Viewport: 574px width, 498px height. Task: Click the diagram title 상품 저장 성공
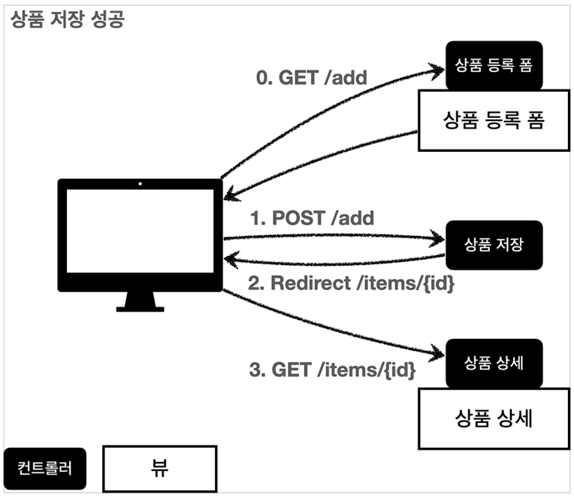coord(67,20)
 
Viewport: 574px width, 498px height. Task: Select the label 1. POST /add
coord(312,219)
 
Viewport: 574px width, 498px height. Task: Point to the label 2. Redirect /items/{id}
coord(352,284)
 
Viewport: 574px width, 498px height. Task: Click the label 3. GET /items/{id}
coord(331,370)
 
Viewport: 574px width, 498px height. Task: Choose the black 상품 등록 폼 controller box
coord(494,65)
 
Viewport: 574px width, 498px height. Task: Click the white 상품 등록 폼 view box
coord(494,121)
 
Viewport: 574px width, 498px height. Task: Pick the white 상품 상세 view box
coord(494,418)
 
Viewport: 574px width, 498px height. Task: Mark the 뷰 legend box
coord(159,468)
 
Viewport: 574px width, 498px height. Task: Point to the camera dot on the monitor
coord(140,183)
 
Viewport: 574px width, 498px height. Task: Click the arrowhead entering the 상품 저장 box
coord(439,240)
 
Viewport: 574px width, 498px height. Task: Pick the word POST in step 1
coord(298,219)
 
